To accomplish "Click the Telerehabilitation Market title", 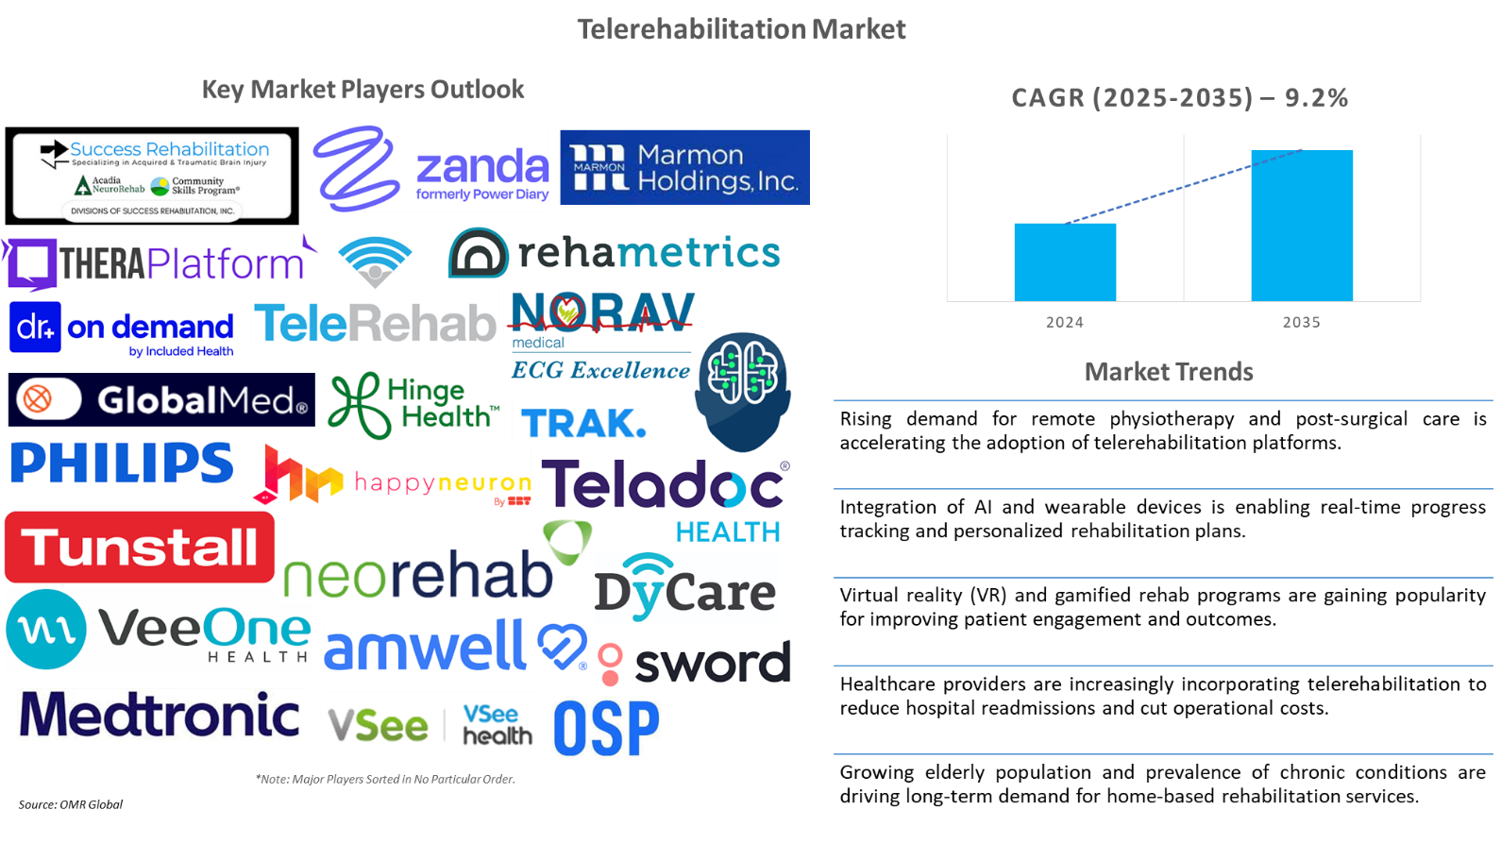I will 741,30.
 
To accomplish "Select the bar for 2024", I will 1065,262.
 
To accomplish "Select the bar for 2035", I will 1302,226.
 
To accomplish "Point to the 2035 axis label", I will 1301,322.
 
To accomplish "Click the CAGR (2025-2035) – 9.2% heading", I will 1179,98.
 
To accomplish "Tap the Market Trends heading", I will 1169,372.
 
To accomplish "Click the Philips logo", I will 123,463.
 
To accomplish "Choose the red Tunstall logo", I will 140,548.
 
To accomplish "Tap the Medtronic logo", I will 161,715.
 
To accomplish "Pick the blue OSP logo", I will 606,728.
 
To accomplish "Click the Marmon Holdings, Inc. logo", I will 684,167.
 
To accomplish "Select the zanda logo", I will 431,169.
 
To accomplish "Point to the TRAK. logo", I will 582,423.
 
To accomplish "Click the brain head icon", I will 743,391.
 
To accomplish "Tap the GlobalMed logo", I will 160,400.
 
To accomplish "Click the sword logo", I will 694,664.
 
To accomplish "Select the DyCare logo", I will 686,588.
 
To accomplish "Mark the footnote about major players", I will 385,779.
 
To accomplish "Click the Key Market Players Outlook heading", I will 363,90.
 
